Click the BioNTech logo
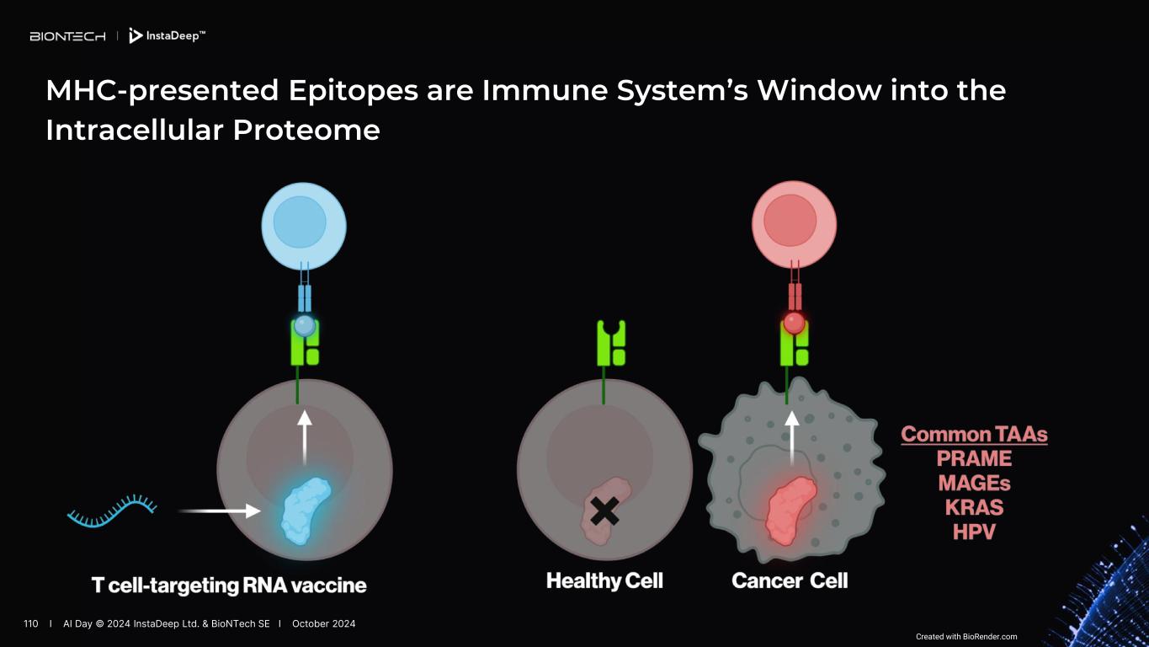67,36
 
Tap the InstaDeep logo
168,35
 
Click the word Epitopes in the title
353,91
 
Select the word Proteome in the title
306,130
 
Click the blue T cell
304,226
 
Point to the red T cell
794,224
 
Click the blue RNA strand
112,511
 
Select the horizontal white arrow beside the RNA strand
220,511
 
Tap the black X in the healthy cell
604,511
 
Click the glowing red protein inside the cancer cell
790,510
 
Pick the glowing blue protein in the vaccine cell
305,511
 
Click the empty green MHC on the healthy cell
611,343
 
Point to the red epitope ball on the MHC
794,323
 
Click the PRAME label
974,458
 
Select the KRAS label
974,507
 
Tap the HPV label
974,532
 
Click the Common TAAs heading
974,435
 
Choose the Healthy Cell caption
604,580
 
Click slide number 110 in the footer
31,624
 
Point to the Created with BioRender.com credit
966,637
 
